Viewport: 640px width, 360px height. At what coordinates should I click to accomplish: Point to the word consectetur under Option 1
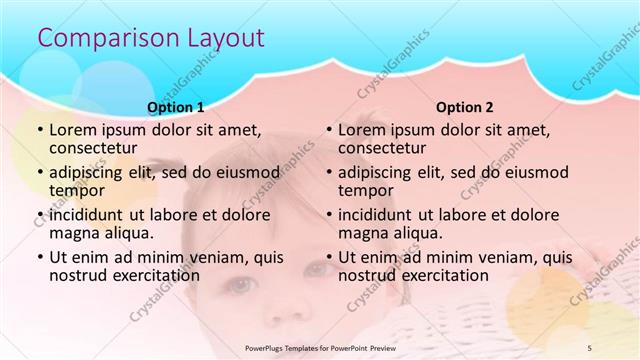[x=97, y=148]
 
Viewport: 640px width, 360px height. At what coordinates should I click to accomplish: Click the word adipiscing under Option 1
[x=91, y=172]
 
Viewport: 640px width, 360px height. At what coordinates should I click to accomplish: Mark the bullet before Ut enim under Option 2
[x=327, y=257]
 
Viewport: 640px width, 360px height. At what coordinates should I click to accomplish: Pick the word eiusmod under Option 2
[x=536, y=172]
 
